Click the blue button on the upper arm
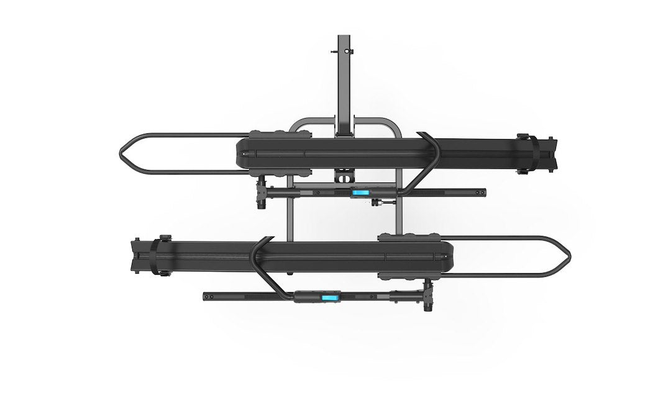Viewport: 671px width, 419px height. [360, 192]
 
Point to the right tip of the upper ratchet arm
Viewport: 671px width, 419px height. [483, 193]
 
